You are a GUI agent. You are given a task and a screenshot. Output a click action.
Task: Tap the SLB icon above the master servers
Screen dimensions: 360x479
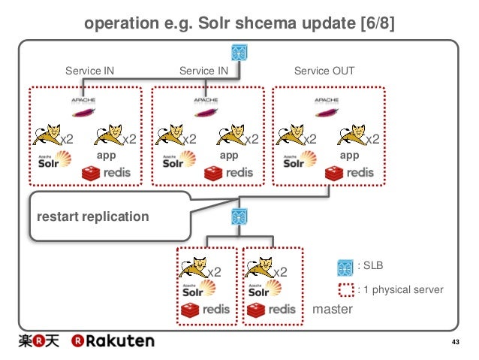(x=239, y=218)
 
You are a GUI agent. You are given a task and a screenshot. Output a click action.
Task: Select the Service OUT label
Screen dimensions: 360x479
(x=324, y=71)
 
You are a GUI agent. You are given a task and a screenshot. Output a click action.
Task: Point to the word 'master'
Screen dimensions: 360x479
(x=333, y=309)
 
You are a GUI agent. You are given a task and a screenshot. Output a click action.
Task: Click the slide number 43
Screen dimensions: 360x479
(x=453, y=343)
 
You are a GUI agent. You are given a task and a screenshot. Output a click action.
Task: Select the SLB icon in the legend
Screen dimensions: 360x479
(x=345, y=267)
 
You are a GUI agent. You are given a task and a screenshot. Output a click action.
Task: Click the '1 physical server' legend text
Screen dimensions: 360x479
(x=401, y=289)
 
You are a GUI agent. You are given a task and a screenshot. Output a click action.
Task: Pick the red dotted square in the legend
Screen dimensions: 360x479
(x=345, y=289)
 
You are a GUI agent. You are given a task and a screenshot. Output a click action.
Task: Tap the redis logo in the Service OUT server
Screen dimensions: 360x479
(x=351, y=173)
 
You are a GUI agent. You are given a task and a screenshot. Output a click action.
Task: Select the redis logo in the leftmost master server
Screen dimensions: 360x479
(x=206, y=310)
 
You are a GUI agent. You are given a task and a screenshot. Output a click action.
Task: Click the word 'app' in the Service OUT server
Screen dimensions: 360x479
(x=349, y=156)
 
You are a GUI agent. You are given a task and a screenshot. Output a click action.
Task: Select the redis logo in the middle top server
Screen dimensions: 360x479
(x=229, y=173)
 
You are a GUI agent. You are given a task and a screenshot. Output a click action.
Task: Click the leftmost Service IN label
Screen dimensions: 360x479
(x=90, y=71)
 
